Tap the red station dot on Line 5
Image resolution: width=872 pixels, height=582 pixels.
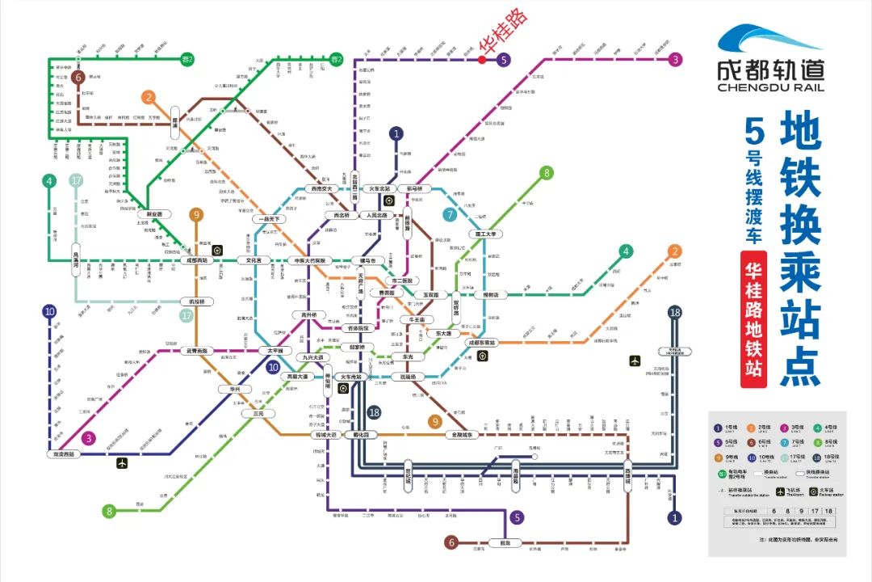click(x=481, y=59)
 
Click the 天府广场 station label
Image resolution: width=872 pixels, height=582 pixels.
click(x=361, y=285)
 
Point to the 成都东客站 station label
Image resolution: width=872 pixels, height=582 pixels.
click(x=483, y=343)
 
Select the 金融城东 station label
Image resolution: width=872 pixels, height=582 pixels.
click(x=463, y=435)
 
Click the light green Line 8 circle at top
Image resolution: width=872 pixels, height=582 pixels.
click(x=547, y=172)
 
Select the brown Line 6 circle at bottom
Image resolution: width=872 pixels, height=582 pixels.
click(x=452, y=542)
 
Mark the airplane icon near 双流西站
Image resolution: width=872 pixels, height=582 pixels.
click(x=123, y=463)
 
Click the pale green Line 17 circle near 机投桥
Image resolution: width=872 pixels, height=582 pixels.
click(x=187, y=316)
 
